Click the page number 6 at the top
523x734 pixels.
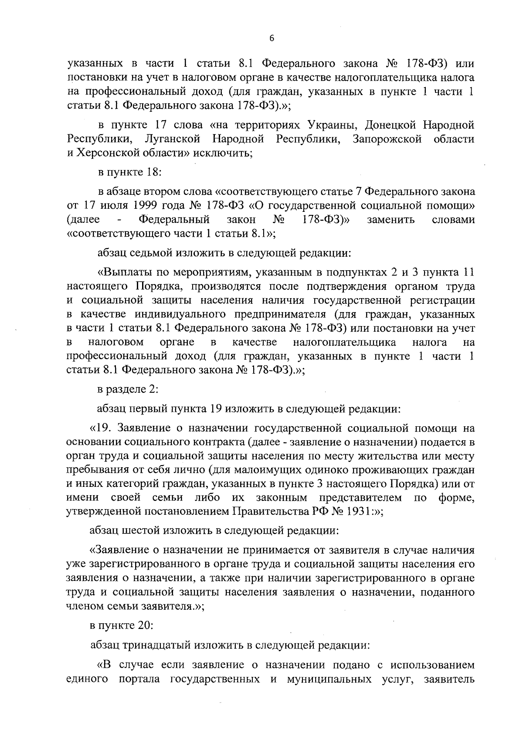point(271,38)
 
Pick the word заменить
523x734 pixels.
point(391,219)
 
